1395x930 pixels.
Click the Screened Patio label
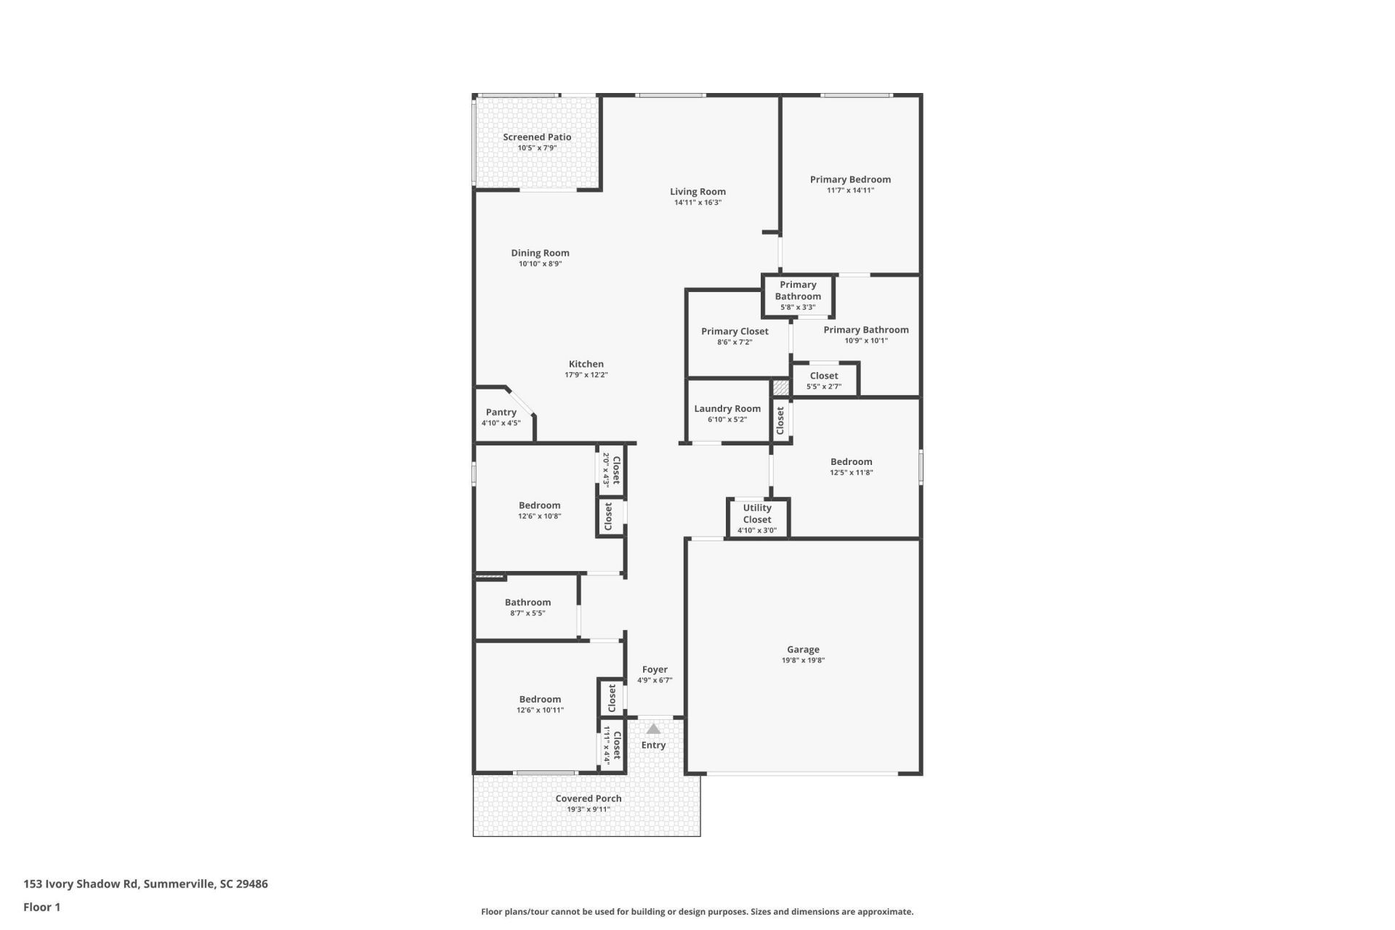pos(537,137)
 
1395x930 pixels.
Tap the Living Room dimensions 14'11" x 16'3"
pos(697,203)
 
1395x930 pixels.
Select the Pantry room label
pos(501,412)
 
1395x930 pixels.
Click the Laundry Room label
pos(727,409)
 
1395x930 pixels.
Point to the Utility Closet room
pos(757,518)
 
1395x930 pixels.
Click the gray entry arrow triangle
pos(653,729)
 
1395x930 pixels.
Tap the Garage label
pos(803,650)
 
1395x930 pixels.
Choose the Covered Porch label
pos(588,798)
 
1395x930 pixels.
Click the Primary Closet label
pos(735,331)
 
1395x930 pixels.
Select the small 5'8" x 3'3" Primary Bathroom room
pos(798,295)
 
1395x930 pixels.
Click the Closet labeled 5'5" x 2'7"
pos(824,380)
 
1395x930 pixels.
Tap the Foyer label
pos(655,670)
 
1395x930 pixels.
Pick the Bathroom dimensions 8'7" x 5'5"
pos(527,613)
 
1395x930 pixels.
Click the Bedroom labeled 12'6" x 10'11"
pos(540,704)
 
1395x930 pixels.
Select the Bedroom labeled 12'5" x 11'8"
pos(851,466)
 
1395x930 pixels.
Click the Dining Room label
pos(540,253)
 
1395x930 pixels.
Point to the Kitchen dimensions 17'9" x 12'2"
pos(586,375)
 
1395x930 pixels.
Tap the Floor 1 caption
pos(41,907)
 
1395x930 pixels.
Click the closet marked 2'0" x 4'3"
pos(611,469)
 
